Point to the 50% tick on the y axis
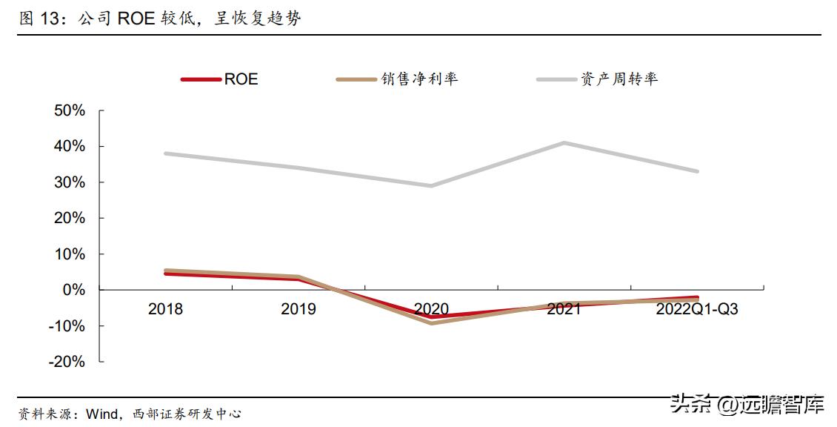pos(68,111)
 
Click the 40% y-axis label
pos(68,147)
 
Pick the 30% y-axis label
pos(68,182)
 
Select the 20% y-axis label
pos(68,219)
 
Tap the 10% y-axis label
pos(68,254)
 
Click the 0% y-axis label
pos(73,290)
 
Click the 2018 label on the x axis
pos(165,309)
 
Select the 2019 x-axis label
pos(298,309)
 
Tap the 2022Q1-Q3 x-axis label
pos(696,309)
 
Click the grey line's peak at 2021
pos(564,142)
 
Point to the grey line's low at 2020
pos(431,185)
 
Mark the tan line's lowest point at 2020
pos(431,323)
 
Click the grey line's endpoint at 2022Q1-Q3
pos(696,171)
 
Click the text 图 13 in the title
pos(36,19)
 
